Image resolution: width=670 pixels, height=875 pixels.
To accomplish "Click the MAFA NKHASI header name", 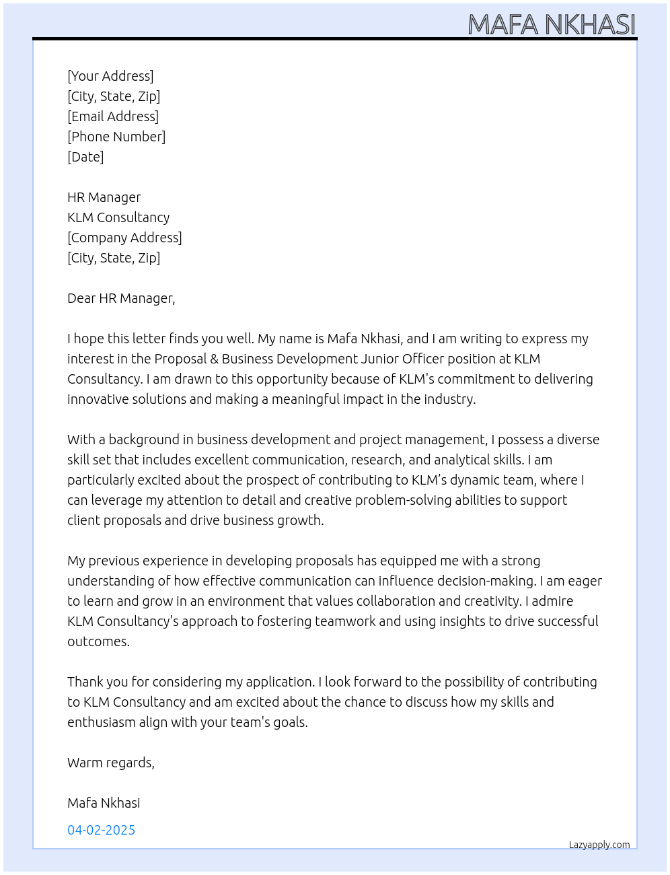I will click(x=551, y=24).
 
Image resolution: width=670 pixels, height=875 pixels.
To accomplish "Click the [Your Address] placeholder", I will click(x=110, y=76).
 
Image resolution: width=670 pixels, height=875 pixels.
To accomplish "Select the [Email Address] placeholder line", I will click(x=113, y=116).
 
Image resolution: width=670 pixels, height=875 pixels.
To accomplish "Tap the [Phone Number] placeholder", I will click(x=116, y=137).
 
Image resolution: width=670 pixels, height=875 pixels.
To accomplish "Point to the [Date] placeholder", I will click(x=85, y=157).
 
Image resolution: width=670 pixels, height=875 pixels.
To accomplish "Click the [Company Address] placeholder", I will click(x=124, y=238).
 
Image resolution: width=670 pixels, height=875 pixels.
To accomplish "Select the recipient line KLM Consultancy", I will click(x=118, y=217).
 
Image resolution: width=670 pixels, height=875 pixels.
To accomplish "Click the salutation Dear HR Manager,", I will click(x=121, y=298).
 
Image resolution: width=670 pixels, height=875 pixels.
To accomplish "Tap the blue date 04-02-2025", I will click(x=101, y=830).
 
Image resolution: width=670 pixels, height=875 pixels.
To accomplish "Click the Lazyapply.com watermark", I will click(x=599, y=845).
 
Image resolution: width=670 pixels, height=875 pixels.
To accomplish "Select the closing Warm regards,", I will click(x=111, y=763).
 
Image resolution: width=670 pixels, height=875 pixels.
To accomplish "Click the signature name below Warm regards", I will click(x=104, y=803).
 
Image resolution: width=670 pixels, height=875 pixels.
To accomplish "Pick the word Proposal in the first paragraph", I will click(x=180, y=359).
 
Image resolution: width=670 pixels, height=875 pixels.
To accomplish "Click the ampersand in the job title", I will click(x=215, y=359).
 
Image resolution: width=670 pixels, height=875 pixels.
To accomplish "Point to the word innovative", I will click(x=93, y=399).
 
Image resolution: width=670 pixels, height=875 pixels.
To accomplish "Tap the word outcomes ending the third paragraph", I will click(x=98, y=641).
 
